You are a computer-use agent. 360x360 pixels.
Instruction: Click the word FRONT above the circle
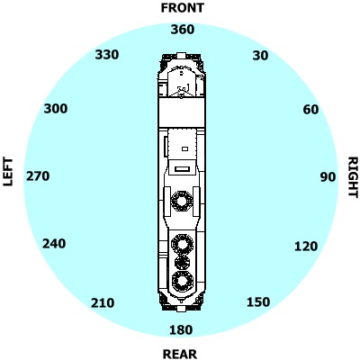pos(183,8)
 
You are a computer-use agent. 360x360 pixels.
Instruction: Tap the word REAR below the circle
pos(180,354)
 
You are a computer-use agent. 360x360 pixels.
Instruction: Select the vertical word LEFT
pos(8,172)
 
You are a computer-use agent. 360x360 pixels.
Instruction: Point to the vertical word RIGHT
pos(353,177)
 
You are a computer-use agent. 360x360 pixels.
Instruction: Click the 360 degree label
pos(183,30)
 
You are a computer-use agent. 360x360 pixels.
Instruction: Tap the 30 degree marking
pos(260,56)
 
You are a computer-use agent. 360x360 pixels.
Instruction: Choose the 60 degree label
pos(310,110)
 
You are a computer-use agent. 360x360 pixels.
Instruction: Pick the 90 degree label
pos(328,177)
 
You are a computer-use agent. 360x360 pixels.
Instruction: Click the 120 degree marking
pos(306,247)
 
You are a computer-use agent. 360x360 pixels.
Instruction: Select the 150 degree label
pos(258,302)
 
